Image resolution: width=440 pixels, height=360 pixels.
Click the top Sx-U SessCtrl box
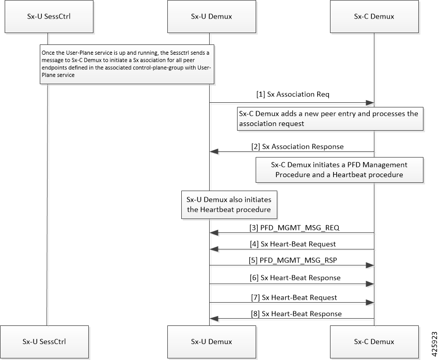(49, 17)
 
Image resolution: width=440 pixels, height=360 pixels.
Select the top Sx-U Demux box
(212, 17)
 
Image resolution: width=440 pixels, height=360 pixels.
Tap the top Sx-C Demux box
(374, 17)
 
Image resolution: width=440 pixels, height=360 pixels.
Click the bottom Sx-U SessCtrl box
(44, 342)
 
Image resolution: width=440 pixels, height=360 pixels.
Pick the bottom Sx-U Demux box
(212, 342)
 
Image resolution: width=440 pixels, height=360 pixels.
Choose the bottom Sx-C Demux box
(374, 342)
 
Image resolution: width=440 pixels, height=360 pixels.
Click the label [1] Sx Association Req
(293, 95)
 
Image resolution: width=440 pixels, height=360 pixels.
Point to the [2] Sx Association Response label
(297, 147)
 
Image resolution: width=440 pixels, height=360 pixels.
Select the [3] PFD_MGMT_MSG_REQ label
(294, 228)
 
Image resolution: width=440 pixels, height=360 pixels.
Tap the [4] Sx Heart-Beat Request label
(293, 244)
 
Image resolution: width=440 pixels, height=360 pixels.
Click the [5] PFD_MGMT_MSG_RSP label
(293, 260)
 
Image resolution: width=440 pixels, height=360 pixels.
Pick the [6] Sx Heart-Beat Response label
(295, 278)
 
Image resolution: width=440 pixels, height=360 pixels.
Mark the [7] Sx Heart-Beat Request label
(294, 298)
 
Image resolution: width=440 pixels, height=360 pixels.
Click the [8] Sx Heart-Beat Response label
(296, 314)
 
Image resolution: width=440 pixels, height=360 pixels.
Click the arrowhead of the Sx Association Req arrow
(370, 103)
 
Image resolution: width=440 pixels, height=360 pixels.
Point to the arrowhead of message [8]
(214, 319)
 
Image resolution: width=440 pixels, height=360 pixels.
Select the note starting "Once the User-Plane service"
(127, 64)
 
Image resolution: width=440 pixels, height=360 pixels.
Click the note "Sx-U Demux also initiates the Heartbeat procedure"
(229, 205)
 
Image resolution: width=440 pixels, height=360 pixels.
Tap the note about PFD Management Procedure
(339, 170)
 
